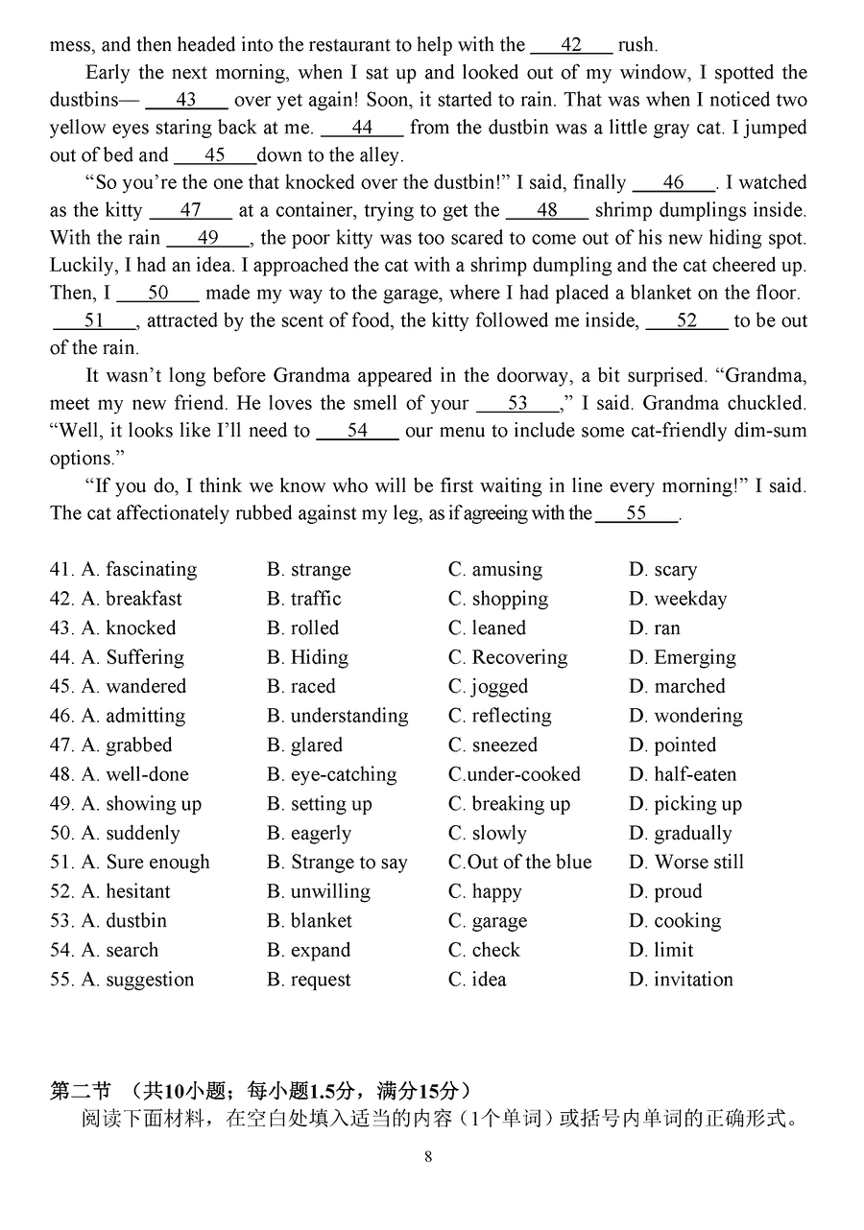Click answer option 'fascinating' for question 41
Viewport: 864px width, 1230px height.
(x=151, y=570)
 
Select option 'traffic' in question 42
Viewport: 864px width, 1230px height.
(x=316, y=599)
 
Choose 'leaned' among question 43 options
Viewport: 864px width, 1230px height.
(x=498, y=628)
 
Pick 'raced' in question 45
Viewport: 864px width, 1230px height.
(x=313, y=687)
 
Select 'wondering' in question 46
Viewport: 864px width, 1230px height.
(x=698, y=716)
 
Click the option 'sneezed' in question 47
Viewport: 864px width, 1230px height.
(x=504, y=745)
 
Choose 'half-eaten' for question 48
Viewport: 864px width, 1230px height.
(x=695, y=774)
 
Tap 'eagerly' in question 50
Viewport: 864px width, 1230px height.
(x=321, y=833)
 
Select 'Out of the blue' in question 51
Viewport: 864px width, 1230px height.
(x=529, y=863)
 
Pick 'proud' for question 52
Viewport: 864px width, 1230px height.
(x=678, y=891)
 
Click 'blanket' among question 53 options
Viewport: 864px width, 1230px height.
(x=321, y=921)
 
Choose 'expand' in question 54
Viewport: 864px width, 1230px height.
(x=320, y=950)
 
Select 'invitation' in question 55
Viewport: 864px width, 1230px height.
(x=693, y=980)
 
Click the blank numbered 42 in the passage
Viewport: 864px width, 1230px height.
(x=571, y=45)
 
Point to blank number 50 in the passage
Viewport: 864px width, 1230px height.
(x=158, y=294)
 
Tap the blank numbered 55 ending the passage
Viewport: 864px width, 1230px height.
(x=636, y=513)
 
